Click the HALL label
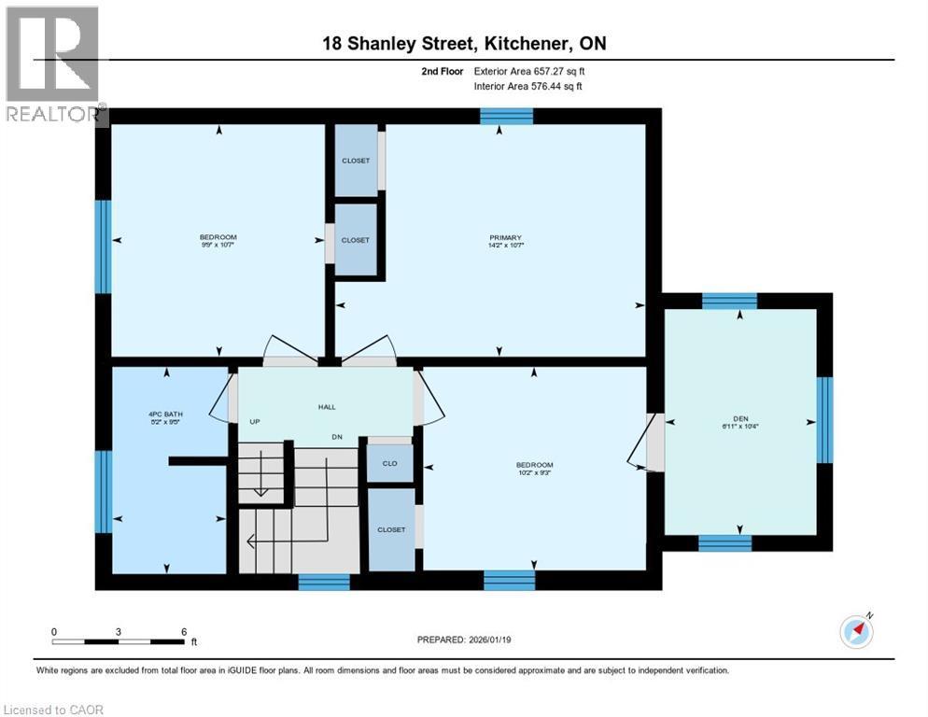coord(326,406)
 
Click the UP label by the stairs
coord(254,422)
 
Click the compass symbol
coord(856,632)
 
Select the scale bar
coord(118,641)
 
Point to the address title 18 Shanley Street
coord(464,44)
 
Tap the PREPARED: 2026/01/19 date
coord(463,640)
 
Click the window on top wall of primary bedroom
coord(506,116)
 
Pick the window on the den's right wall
coord(824,420)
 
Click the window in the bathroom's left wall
coord(103,491)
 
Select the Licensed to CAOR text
coord(52,710)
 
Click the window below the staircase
coord(324,582)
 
